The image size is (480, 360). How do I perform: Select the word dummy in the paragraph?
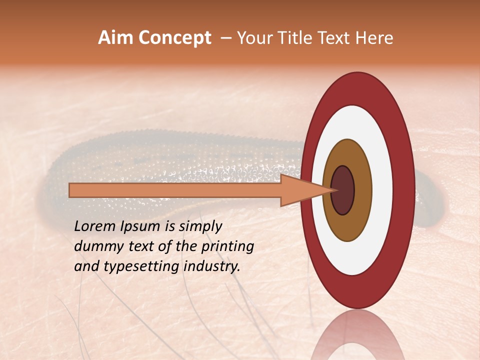[95, 246]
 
